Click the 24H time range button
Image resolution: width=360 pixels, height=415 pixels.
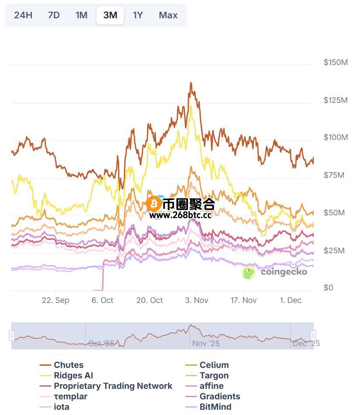[x=23, y=15]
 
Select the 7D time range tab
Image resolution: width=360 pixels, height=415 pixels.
[x=54, y=15]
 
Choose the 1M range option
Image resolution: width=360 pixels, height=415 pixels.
[x=81, y=15]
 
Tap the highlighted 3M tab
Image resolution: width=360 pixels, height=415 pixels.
[x=110, y=15]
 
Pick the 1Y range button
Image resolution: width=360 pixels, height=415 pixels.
[x=138, y=15]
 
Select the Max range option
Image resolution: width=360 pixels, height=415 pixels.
[x=168, y=15]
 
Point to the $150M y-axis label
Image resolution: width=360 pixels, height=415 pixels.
[x=336, y=62]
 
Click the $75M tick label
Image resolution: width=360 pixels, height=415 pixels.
[x=334, y=175]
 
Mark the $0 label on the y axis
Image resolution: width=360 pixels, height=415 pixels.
[x=328, y=288]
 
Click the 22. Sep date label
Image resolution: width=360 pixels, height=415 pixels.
[x=55, y=300]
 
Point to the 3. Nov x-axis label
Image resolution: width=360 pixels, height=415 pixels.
[x=196, y=300]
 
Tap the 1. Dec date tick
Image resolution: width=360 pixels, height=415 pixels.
[x=291, y=300]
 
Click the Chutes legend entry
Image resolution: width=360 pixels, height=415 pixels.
[x=69, y=365]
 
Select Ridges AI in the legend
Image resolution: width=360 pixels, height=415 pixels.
[x=73, y=375]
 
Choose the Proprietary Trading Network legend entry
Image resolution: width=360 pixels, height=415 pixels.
[x=113, y=386]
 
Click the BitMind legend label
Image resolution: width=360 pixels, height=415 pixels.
[x=215, y=407]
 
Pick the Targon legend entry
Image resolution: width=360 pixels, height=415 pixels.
[x=214, y=375]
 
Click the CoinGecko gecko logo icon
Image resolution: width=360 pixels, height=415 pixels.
[x=249, y=272]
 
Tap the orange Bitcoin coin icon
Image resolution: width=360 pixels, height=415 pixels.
[x=154, y=204]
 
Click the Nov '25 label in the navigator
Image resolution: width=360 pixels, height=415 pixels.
[x=206, y=344]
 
